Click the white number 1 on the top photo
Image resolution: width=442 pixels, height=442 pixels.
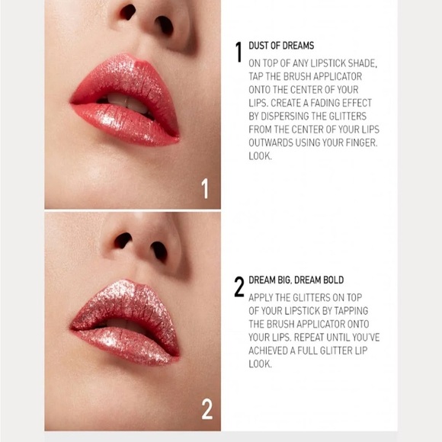[x=204, y=187]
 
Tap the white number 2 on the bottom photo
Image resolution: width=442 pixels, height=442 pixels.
[x=207, y=409]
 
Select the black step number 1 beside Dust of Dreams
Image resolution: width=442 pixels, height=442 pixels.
[x=239, y=52]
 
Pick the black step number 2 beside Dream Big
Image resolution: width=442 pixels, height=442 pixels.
[x=239, y=287]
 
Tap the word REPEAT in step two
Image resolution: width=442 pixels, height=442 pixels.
[x=312, y=336]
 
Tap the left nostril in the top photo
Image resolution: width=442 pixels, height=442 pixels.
[x=128, y=11]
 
